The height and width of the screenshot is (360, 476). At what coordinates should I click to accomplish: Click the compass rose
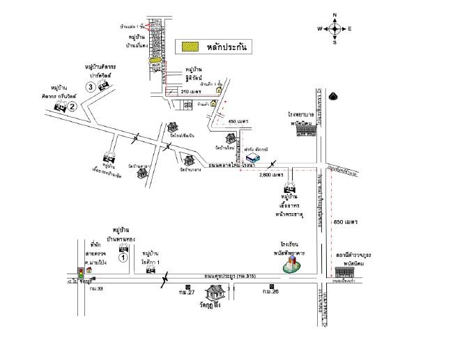(x=335, y=29)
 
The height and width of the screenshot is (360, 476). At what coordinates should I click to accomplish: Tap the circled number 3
(x=90, y=86)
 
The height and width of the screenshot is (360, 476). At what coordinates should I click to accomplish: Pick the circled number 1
(x=123, y=257)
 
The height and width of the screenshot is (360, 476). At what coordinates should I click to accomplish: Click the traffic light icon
(x=81, y=273)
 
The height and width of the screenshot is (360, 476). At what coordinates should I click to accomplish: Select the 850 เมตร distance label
(x=346, y=221)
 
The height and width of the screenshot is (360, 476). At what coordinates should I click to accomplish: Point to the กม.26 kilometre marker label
(x=270, y=292)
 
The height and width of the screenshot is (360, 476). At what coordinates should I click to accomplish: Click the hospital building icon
(x=302, y=130)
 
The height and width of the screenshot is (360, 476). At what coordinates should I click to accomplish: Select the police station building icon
(x=346, y=269)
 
